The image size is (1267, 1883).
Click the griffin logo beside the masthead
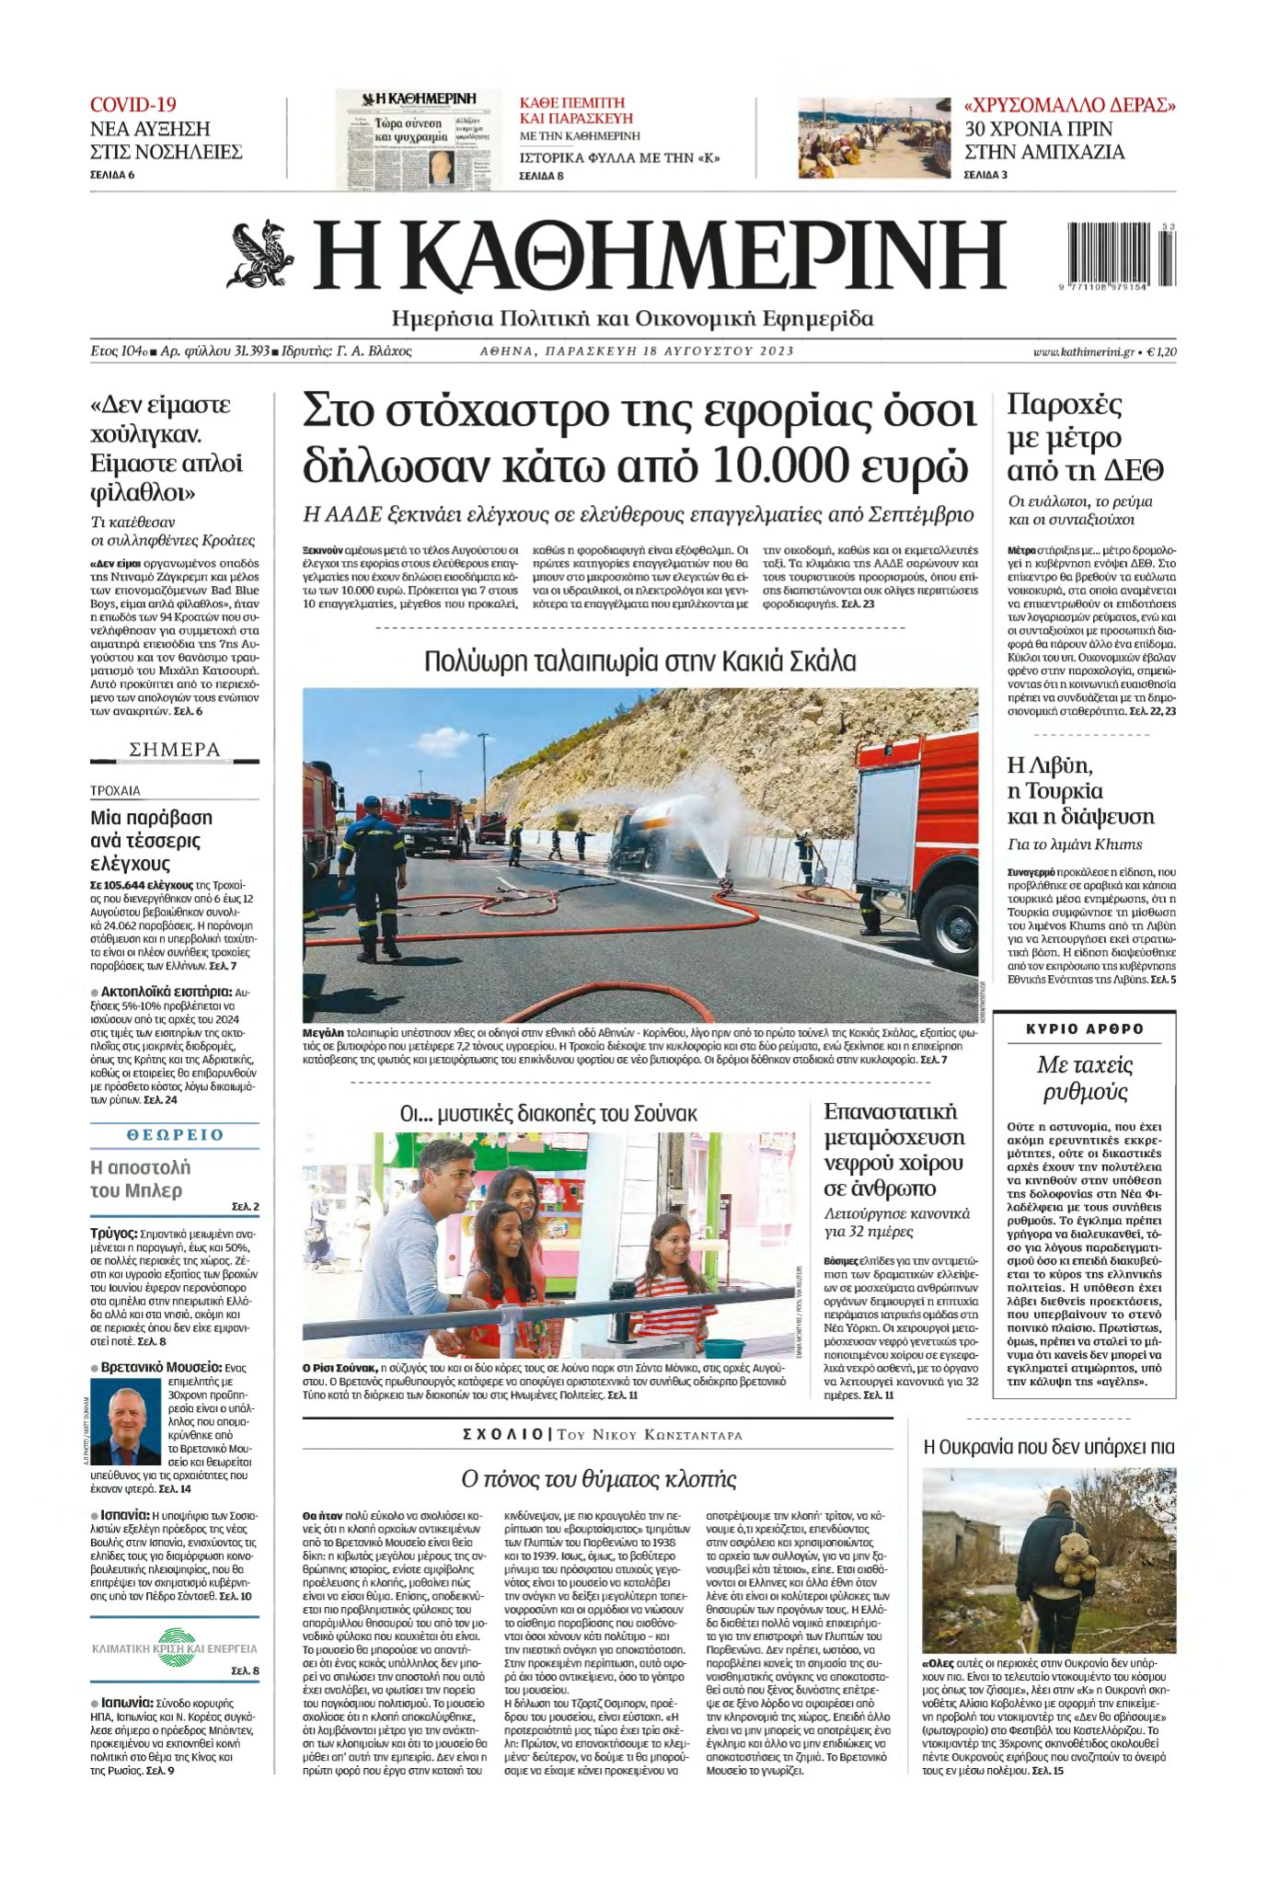(260, 254)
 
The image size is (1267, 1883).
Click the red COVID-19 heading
(133, 105)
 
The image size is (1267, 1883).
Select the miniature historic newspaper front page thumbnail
(420, 139)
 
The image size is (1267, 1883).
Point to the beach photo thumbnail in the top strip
(873, 139)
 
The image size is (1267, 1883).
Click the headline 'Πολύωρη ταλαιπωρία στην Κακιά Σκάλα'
(639, 661)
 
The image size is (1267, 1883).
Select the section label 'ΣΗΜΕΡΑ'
(175, 750)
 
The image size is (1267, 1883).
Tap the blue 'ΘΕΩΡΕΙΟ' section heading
(175, 1135)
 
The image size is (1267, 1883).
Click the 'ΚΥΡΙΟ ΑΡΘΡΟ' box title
(1084, 1029)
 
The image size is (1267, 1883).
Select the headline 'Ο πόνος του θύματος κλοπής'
(598, 1479)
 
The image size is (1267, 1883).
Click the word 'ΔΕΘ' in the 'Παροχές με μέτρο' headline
(1139, 471)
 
